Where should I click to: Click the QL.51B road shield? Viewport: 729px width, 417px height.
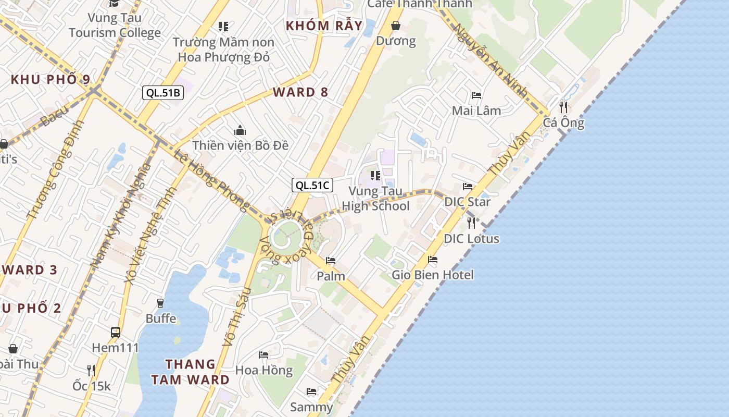coord(163,93)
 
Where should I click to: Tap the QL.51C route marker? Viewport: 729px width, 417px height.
coord(312,185)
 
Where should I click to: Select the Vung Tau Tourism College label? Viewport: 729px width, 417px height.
coord(115,25)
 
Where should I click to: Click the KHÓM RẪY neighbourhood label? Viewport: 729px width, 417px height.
coord(324,26)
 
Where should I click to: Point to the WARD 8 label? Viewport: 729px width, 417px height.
coord(300,92)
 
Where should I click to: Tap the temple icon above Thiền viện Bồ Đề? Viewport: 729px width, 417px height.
coord(240,130)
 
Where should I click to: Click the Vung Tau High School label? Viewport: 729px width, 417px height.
coord(375,199)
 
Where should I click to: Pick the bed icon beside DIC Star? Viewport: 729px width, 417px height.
coord(468,187)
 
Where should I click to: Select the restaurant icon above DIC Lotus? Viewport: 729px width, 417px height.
coord(471,223)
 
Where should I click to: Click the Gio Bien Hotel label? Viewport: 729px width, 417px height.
coord(433,275)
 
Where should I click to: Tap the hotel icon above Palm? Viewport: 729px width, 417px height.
coord(331,261)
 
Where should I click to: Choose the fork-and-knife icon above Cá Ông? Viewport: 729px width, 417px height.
coord(563,107)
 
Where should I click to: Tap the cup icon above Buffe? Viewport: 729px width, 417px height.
coord(160,303)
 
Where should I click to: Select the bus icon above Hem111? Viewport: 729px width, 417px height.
coord(116,332)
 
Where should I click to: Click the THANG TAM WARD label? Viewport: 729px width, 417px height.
coord(190,372)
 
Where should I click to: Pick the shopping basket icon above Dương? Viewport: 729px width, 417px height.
coord(396,26)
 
